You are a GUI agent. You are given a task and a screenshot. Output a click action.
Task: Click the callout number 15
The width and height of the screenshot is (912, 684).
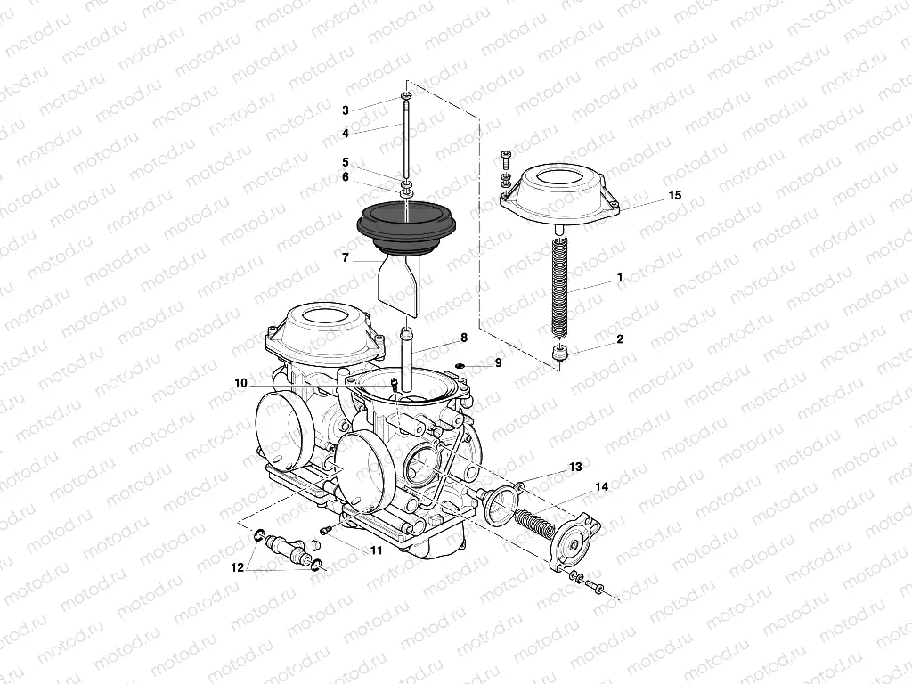pos(675,195)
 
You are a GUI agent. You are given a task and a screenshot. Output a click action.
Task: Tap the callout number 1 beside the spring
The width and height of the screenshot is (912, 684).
pos(620,277)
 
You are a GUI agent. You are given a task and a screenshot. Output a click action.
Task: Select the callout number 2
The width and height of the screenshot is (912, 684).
pos(620,338)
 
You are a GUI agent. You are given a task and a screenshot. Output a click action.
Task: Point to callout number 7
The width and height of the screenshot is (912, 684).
pos(346,257)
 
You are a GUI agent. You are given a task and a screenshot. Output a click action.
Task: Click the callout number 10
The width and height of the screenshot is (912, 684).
pos(240,384)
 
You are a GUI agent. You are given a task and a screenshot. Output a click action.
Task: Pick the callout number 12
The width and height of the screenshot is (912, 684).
pos(237,567)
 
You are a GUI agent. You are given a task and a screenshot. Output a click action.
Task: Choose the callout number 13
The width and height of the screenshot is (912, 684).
pos(575,467)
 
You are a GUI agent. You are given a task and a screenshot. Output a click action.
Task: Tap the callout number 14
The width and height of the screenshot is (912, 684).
pos(602,486)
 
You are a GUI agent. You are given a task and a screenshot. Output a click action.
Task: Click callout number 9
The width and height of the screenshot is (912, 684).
pos(499,363)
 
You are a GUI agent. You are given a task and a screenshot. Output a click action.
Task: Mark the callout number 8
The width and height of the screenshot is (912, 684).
pos(464,338)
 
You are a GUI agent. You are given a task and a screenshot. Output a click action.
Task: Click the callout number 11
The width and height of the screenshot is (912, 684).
pos(377,550)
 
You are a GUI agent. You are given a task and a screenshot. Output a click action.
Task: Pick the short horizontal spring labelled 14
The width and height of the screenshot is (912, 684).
pos(534,520)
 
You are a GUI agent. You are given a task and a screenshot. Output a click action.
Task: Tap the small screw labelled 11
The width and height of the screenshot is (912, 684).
pos(326,530)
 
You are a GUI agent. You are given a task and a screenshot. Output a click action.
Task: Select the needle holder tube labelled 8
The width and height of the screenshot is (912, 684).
pos(406,361)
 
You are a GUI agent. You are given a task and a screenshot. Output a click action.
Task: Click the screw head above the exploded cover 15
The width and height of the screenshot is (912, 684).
pos(504,155)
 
